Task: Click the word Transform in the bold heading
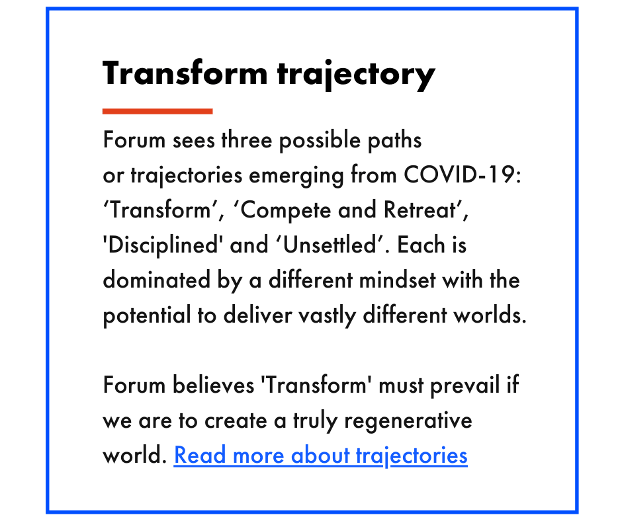pyautogui.click(x=185, y=73)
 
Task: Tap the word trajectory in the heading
pyautogui.click(x=356, y=75)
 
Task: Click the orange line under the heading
pyautogui.click(x=157, y=112)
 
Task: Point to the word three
pyautogui.click(x=247, y=140)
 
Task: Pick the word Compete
pyautogui.click(x=286, y=210)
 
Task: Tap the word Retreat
pyautogui.click(x=420, y=210)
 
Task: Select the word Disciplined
pyautogui.click(x=163, y=245)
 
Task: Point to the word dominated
pyautogui.click(x=156, y=280)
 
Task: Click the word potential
pyautogui.click(x=147, y=315)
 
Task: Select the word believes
pyautogui.click(x=214, y=385)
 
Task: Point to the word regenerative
pyautogui.click(x=408, y=421)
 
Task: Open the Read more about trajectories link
pyautogui.click(x=320, y=455)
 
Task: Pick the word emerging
pyautogui.click(x=296, y=176)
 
